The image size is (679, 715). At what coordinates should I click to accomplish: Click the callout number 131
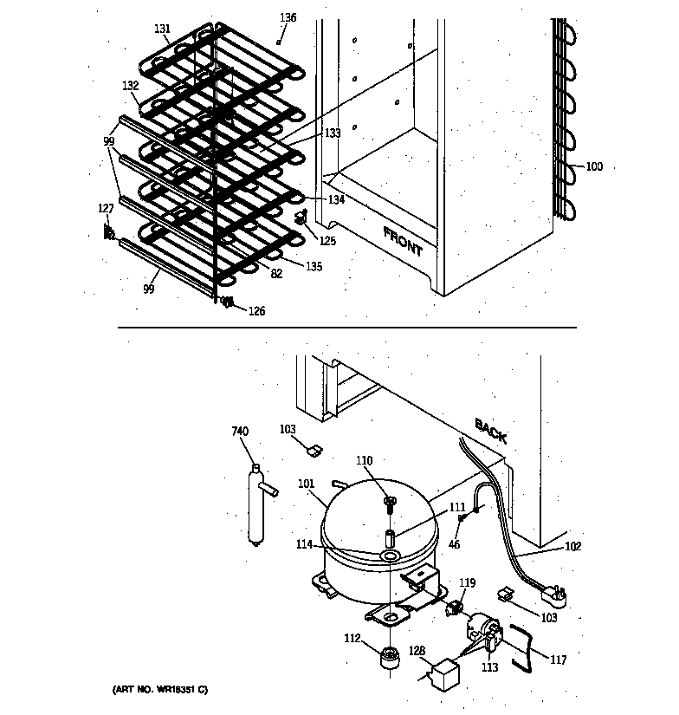pos(163,29)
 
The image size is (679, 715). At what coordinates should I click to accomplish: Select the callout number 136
pos(288,17)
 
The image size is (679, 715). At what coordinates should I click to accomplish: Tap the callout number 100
pos(594,166)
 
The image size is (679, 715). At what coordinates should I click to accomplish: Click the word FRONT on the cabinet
pos(403,242)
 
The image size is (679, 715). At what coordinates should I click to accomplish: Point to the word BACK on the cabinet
pos(490,429)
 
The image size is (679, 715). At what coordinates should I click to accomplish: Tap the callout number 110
pos(365,461)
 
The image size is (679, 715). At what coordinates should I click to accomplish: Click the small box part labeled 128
pos(445,673)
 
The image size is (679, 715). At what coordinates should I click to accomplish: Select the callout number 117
pos(559,660)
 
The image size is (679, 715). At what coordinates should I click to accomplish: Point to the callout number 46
pos(454,545)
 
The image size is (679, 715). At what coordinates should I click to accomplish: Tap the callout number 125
pos(327,240)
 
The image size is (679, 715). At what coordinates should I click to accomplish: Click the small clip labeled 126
pos(229,302)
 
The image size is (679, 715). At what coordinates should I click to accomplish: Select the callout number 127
pos(106,208)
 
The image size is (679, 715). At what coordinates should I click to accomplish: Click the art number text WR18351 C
pos(160,690)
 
